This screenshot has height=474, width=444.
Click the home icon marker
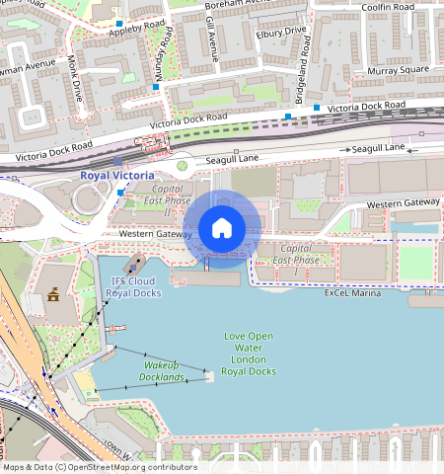pos(222,228)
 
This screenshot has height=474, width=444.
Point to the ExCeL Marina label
pos(353,293)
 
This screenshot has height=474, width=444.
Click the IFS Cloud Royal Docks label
pos(132,287)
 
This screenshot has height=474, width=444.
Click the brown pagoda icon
pos(52,294)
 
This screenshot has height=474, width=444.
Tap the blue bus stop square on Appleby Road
pos(119,23)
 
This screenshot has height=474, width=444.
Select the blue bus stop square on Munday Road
pos(156,88)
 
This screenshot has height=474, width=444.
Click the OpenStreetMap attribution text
pos(99,467)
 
